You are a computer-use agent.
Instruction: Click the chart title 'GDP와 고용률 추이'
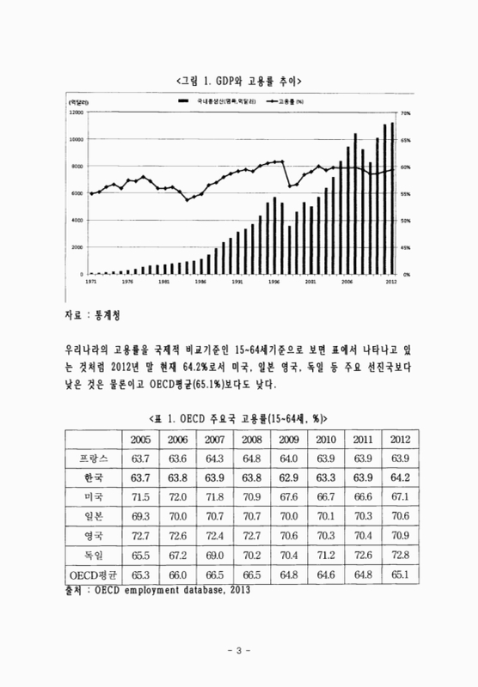point(238,81)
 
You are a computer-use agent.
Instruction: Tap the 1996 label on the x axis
point(273,281)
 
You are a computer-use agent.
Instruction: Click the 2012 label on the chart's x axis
point(390,281)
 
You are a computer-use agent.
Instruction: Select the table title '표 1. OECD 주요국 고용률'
point(238,417)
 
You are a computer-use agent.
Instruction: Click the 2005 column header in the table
point(141,439)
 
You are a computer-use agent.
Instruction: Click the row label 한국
point(89,477)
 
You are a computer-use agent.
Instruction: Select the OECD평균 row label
point(89,572)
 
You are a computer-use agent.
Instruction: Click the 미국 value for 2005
point(141,496)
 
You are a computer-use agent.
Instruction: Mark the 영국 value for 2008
point(253,534)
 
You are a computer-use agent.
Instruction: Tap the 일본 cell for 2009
point(290,515)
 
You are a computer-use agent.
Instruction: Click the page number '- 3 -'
point(238,650)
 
